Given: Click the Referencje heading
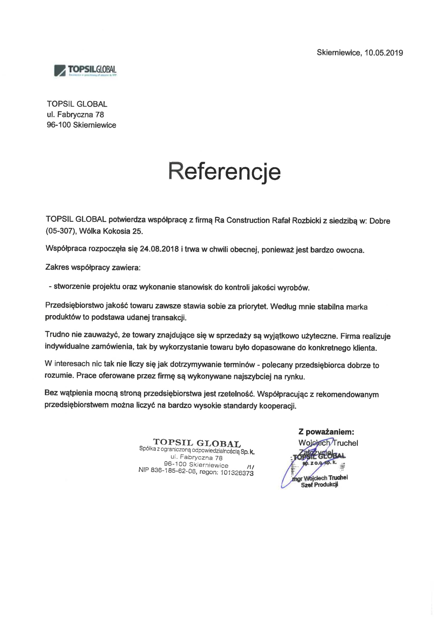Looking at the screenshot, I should coord(224,171).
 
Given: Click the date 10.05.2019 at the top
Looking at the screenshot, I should coord(384,53).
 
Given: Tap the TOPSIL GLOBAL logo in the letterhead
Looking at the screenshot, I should coord(85,70).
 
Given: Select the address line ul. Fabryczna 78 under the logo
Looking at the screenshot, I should coord(75,115).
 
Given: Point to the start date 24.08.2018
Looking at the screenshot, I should coord(159,249).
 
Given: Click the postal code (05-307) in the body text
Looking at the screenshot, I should coord(60,231).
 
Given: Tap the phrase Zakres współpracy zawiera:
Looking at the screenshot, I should coord(93,268).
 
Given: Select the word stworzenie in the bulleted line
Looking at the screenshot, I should coord(72,287).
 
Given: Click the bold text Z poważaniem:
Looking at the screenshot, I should coord(326,432).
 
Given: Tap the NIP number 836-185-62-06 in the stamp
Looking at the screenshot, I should coord(173,471).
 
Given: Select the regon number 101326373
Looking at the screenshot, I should coord(237,473).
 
